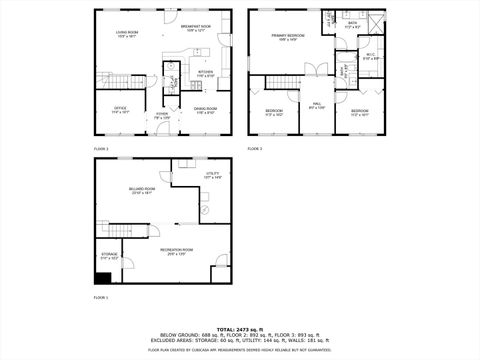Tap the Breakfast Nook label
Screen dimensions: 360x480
pos(196,28)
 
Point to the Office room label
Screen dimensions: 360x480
pos(120,110)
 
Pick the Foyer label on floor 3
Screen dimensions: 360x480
pos(160,115)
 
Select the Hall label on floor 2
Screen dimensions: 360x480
pos(317,106)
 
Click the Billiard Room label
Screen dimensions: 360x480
pos(141,191)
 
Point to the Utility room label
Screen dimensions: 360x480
pos(212,176)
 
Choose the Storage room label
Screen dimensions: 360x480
pos(109,257)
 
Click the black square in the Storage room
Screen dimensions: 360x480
pos(102,279)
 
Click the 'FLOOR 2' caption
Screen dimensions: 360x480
pos(254,148)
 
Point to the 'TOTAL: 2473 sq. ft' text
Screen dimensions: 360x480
pos(240,328)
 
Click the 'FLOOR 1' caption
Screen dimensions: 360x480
pos(101,298)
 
